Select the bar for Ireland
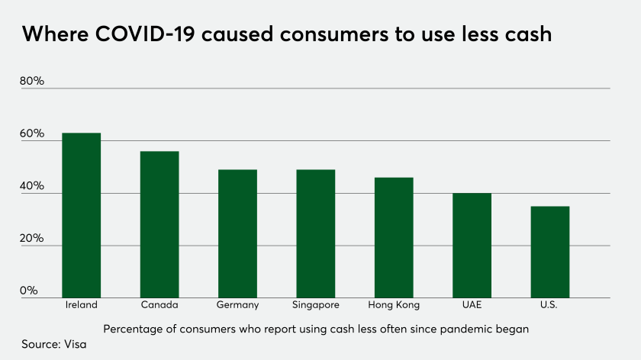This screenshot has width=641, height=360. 82,215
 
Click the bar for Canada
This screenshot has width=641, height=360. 159,224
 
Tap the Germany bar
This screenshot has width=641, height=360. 237,233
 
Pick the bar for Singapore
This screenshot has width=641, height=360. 316,233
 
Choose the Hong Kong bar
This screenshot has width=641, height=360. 394,237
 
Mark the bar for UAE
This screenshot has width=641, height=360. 472,245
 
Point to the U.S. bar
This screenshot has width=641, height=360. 549,252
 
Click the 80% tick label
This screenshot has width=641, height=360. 32,82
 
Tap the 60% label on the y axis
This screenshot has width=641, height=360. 32,134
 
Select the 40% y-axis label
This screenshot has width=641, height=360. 32,187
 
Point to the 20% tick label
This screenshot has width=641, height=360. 32,239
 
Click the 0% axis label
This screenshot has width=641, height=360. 29,291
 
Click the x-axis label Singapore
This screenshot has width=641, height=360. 316,305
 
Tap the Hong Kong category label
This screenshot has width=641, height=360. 394,305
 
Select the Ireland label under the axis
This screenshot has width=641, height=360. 82,305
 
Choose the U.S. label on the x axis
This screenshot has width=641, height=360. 549,305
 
